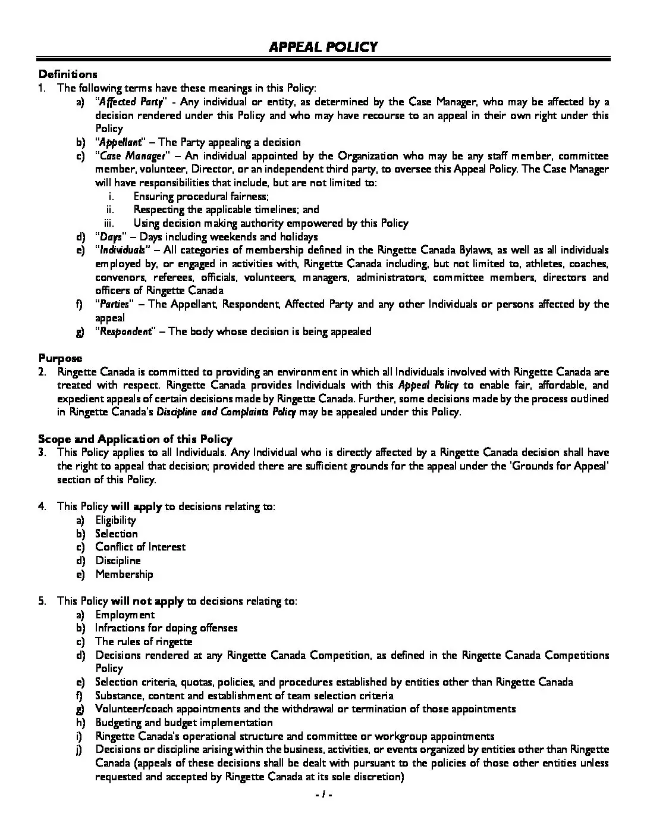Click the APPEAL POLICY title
[x=323, y=47]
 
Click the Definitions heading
[x=67, y=74]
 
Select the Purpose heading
[x=60, y=358]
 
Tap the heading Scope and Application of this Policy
[x=135, y=439]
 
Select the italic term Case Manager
[x=132, y=156]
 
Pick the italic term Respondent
[x=125, y=332]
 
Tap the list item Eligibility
[x=115, y=520]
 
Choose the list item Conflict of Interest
[x=140, y=547]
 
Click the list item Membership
[x=124, y=574]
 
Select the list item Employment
[x=125, y=615]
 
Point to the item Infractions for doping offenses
[x=166, y=628]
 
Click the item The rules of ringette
[x=143, y=642]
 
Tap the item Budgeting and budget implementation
[x=184, y=723]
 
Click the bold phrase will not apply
[x=147, y=601]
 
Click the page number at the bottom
[x=323, y=795]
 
